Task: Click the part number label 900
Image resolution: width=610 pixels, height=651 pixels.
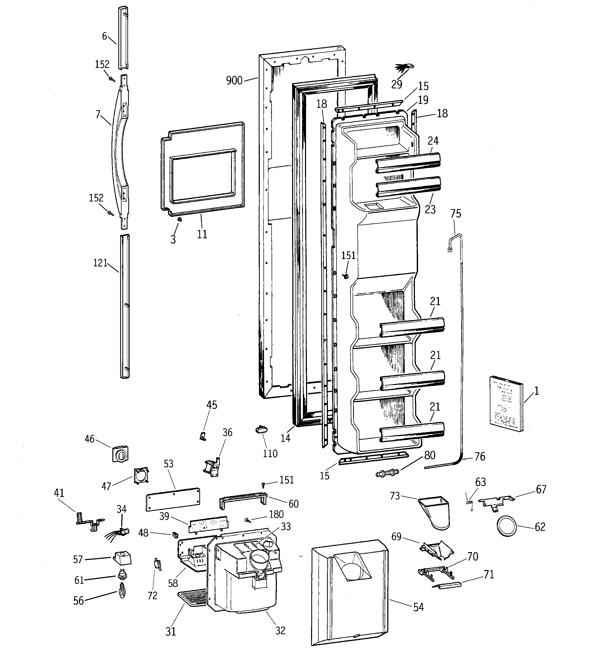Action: pyautogui.click(x=234, y=80)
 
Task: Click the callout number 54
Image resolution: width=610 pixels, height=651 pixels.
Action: pyautogui.click(x=418, y=607)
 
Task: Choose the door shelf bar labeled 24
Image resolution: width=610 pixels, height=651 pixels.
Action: pyautogui.click(x=408, y=163)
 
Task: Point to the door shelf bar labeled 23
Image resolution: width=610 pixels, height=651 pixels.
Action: pyautogui.click(x=408, y=187)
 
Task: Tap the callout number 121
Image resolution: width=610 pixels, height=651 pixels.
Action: pyautogui.click(x=100, y=263)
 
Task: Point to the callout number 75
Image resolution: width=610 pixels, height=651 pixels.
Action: pyautogui.click(x=455, y=214)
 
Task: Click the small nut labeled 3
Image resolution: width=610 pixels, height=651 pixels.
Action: pyautogui.click(x=179, y=219)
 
